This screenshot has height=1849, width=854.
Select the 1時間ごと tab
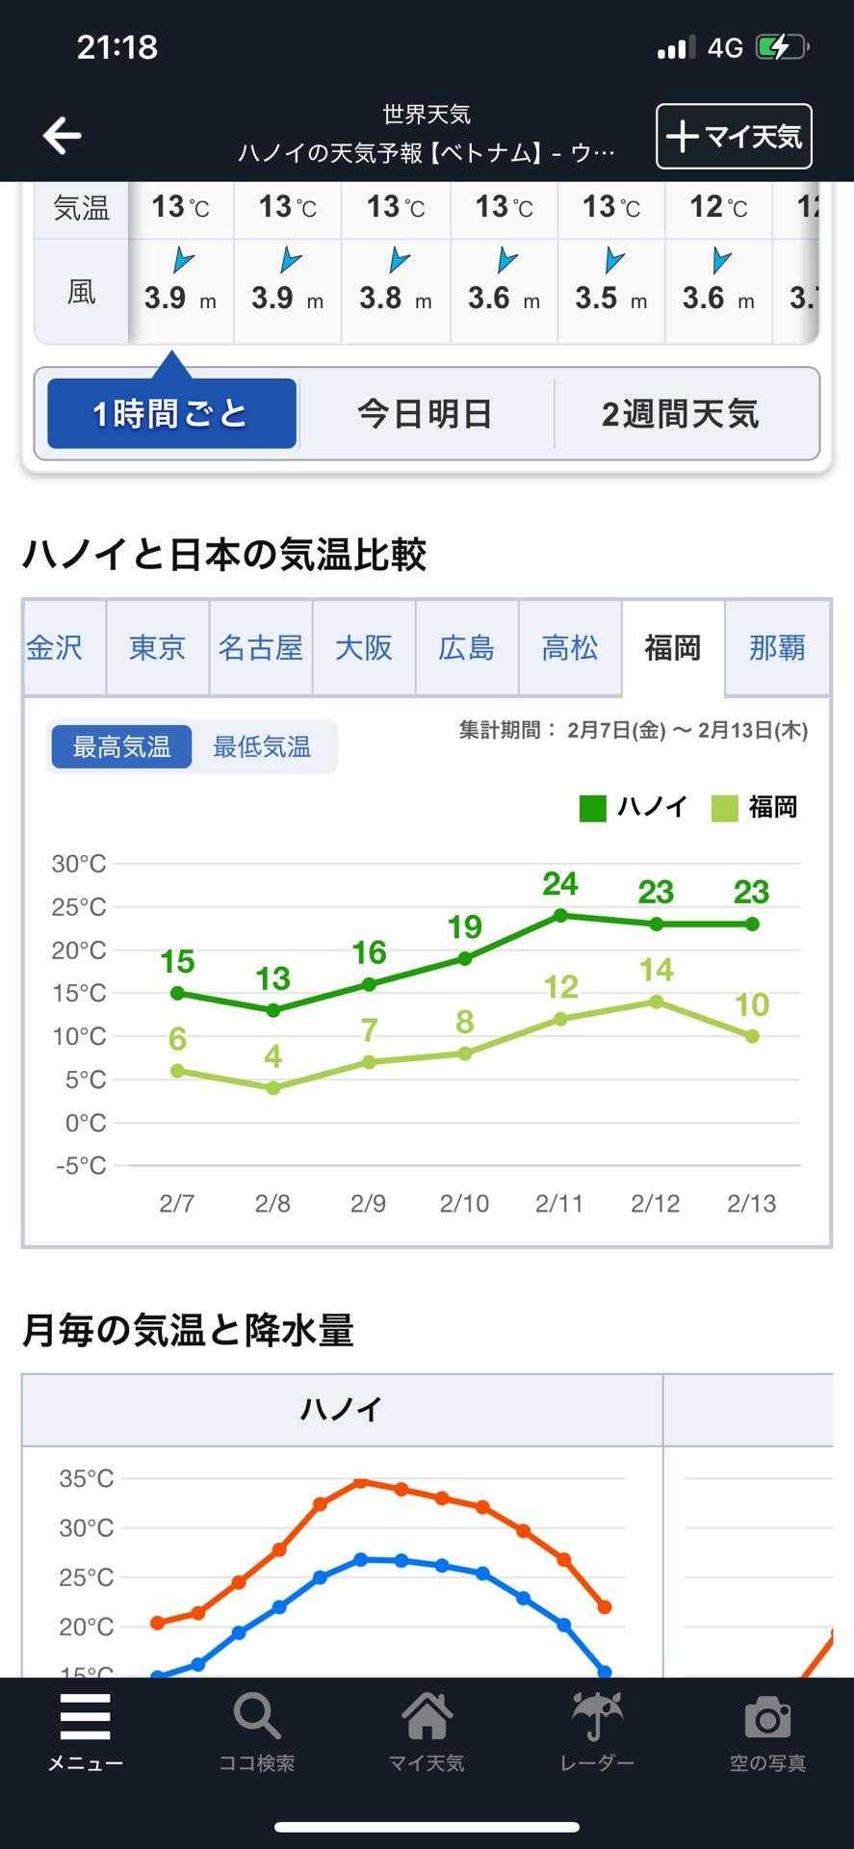pyautogui.click(x=171, y=414)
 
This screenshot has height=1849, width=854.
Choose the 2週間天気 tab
pyautogui.click(x=681, y=414)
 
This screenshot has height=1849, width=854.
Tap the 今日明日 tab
pyautogui.click(x=426, y=414)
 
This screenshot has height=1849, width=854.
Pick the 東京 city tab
pyautogui.click(x=157, y=647)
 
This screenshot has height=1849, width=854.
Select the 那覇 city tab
pyautogui.click(x=777, y=647)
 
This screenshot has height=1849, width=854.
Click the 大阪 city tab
pyautogui.click(x=364, y=647)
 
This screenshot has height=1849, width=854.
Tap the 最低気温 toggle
pyautogui.click(x=262, y=746)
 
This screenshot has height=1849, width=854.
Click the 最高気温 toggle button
pyautogui.click(x=121, y=746)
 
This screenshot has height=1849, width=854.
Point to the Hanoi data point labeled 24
pyautogui.click(x=560, y=915)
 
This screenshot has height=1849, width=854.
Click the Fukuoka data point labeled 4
pyautogui.click(x=273, y=1087)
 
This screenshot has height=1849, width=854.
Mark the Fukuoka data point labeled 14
pyautogui.click(x=657, y=1002)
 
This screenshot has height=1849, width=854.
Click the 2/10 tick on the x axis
pyautogui.click(x=464, y=1203)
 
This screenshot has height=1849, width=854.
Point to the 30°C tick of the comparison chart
pyautogui.click(x=79, y=864)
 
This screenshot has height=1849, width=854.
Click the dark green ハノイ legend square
pyautogui.click(x=593, y=808)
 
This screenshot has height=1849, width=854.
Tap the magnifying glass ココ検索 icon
pyautogui.click(x=256, y=1718)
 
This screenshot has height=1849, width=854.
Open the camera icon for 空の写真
pyautogui.click(x=767, y=1718)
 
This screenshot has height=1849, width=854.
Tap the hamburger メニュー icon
pyautogui.click(x=86, y=1718)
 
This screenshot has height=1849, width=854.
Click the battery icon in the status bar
pyautogui.click(x=781, y=47)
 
